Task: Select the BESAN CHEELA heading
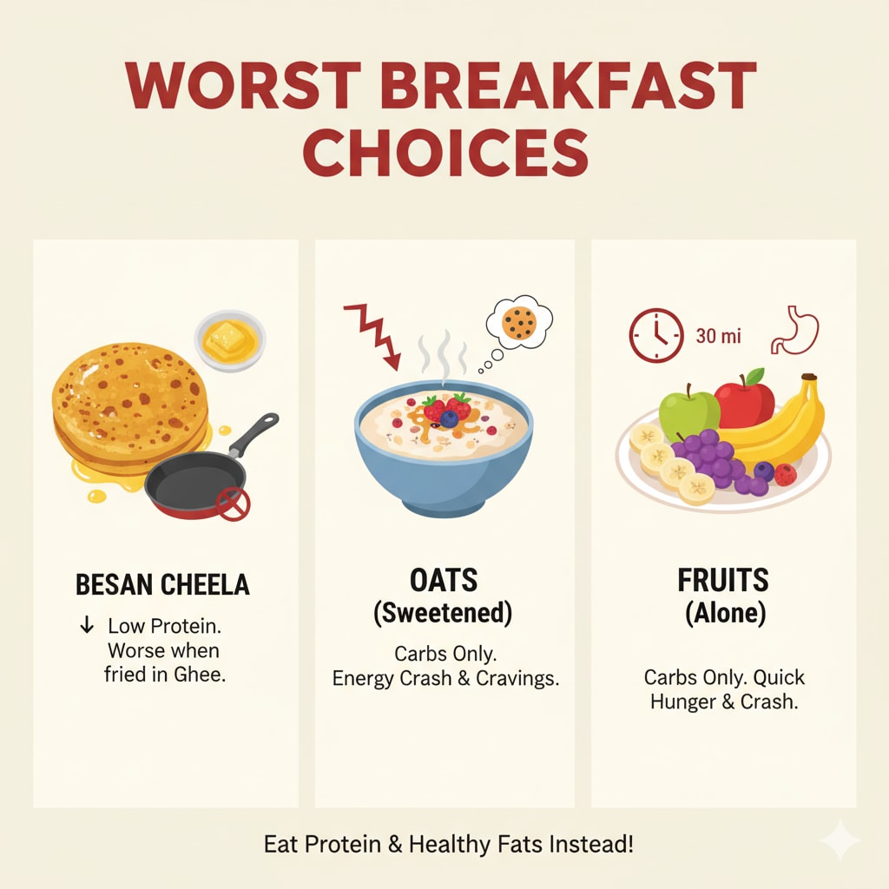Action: [162, 584]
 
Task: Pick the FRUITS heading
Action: [723, 580]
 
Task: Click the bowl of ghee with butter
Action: [229, 341]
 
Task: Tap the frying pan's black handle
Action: [256, 431]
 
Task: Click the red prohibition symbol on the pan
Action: [234, 504]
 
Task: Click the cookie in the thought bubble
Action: [518, 325]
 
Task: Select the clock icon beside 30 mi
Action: [654, 335]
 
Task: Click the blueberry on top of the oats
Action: [449, 418]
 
